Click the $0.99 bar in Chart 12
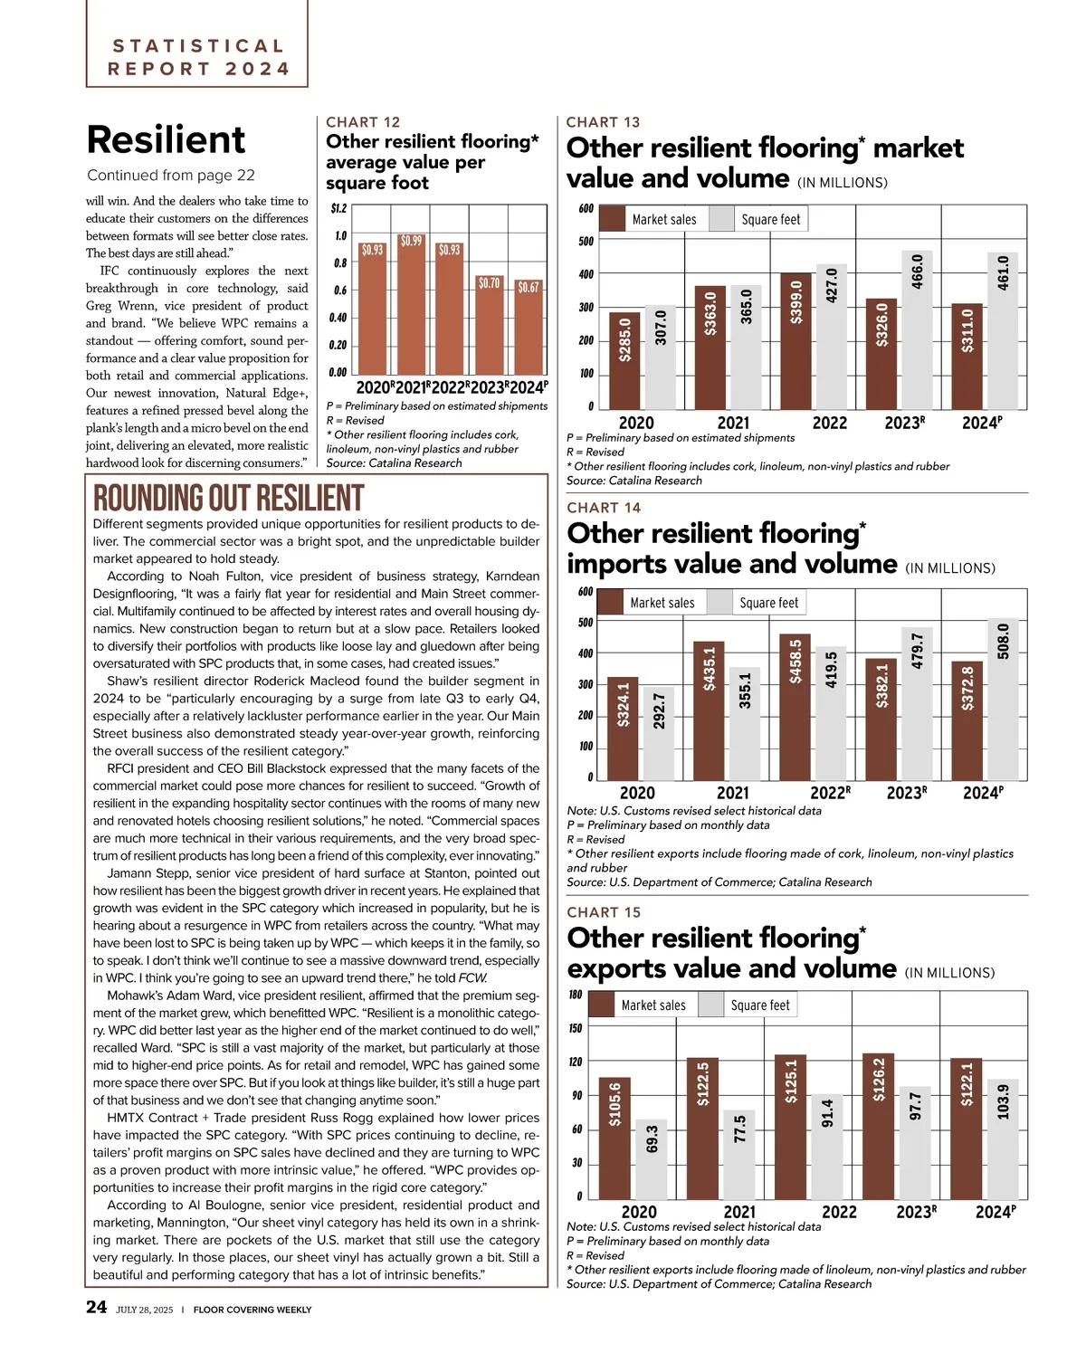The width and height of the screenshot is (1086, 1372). tap(411, 303)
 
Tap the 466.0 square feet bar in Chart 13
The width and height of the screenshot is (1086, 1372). tap(917, 330)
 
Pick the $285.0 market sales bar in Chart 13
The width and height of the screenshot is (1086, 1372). tap(624, 360)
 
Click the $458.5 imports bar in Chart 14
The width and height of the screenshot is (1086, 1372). tap(795, 707)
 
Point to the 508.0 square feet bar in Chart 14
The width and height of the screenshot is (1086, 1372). tap(1003, 700)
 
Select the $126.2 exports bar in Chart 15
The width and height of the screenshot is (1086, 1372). tap(878, 1127)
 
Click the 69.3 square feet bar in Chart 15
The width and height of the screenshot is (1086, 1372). tap(652, 1159)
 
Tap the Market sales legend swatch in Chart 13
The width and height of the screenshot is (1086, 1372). tap(613, 219)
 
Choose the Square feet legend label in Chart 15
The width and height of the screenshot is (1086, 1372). tap(760, 1005)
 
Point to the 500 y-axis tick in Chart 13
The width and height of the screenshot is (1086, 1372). tap(586, 242)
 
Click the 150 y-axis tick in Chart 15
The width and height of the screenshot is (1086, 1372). tap(576, 1028)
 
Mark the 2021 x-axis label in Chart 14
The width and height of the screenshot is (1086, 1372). tap(733, 793)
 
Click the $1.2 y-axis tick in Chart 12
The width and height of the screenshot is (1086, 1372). tap(338, 208)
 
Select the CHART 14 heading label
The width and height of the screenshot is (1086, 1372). tap(604, 508)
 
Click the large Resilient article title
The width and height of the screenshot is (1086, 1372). tap(166, 140)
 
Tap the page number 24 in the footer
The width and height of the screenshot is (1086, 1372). tap(96, 1307)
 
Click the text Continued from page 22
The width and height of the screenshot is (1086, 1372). tap(171, 176)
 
